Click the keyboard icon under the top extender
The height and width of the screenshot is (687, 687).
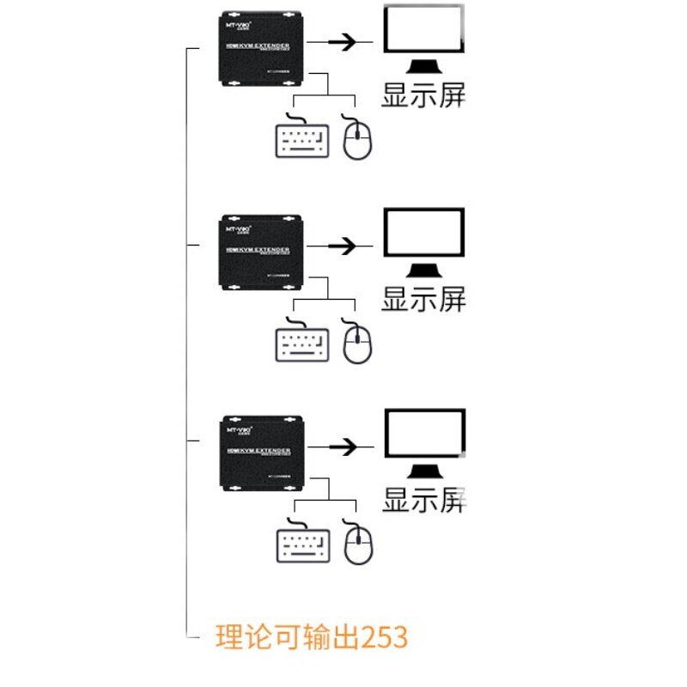[x=302, y=138]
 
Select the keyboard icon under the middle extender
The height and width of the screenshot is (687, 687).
[x=302, y=342]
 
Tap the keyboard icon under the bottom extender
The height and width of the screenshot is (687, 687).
[x=302, y=543]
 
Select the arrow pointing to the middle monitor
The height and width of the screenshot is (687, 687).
[x=343, y=246]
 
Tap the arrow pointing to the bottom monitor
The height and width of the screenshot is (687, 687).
[x=343, y=447]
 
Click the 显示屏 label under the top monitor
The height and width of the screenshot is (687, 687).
[x=423, y=95]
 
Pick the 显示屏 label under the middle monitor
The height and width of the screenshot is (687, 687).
[x=423, y=299]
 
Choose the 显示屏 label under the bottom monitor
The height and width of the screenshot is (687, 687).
[x=423, y=500]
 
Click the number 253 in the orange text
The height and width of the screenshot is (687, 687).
[x=384, y=638]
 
